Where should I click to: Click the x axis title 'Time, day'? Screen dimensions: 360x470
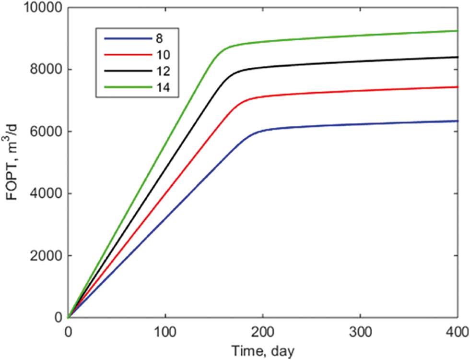(262, 351)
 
